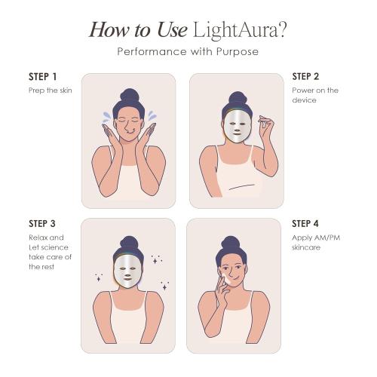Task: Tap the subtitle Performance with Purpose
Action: pos(188,52)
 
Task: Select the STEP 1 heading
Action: pos(42,78)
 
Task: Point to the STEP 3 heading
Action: pos(42,224)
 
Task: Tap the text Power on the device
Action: pos(314,95)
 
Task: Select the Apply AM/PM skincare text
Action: pos(314,241)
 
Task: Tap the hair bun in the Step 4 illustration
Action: pos(230,244)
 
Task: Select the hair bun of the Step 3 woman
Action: pos(128,244)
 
